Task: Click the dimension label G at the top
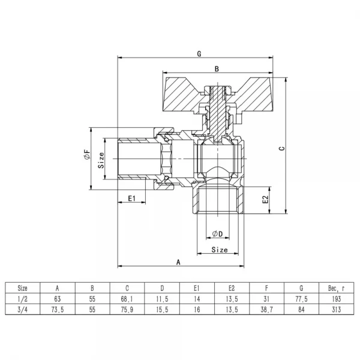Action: pyautogui.click(x=199, y=53)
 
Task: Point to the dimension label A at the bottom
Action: pyautogui.click(x=178, y=262)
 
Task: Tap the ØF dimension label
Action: pyautogui.click(x=88, y=157)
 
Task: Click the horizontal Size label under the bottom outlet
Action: pyautogui.click(x=220, y=250)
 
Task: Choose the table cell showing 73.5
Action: pyautogui.click(x=58, y=310)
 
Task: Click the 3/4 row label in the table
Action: pyautogui.click(x=22, y=310)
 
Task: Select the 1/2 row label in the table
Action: pyautogui.click(x=22, y=298)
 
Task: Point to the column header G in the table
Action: pyautogui.click(x=302, y=287)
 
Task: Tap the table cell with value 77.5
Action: pyautogui.click(x=302, y=298)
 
